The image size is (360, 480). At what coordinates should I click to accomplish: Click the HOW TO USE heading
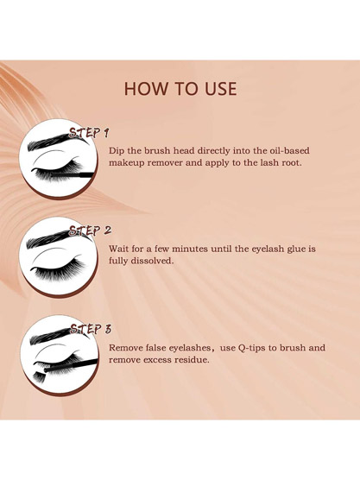tap(180, 89)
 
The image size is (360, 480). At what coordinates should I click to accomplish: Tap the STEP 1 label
tap(90, 133)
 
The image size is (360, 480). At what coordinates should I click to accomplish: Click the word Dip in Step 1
tap(118, 149)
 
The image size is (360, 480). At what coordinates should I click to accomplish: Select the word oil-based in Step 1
tap(284, 149)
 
